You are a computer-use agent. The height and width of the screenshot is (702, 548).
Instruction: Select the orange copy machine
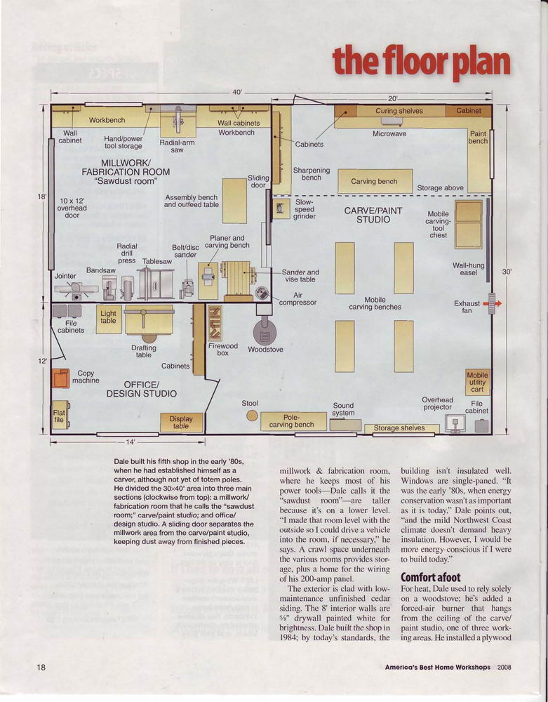pyautogui.click(x=60, y=378)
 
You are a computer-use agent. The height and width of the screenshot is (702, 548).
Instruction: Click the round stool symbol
pyautogui.click(x=252, y=416)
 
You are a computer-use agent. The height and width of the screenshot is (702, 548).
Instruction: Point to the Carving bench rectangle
pyautogui.click(x=375, y=181)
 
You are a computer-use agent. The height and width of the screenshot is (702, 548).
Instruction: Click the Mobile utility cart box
pyautogui.click(x=477, y=382)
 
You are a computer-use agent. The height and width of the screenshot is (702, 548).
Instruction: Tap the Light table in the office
pyautogui.click(x=109, y=319)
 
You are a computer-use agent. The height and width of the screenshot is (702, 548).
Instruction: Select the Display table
pyautogui.click(x=182, y=422)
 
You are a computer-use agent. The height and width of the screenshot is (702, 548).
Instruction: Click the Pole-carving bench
pyautogui.click(x=293, y=421)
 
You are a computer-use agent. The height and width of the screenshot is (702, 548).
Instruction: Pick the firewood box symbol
pyautogui.click(x=215, y=322)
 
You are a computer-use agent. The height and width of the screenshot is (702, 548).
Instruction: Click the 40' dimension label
pyautogui.click(x=237, y=92)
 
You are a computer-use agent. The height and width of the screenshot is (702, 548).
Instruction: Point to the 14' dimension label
pyautogui.click(x=130, y=442)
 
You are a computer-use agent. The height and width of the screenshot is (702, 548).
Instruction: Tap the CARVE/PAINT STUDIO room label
pyautogui.click(x=373, y=215)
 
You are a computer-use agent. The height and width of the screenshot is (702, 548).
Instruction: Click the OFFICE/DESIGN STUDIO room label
pyautogui.click(x=141, y=389)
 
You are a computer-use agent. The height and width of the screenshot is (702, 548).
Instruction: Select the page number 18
pyautogui.click(x=41, y=667)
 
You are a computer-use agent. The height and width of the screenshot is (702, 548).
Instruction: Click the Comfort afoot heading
pyautogui.click(x=430, y=576)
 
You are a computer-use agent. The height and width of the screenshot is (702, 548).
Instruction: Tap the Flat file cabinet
pyautogui.click(x=60, y=415)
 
